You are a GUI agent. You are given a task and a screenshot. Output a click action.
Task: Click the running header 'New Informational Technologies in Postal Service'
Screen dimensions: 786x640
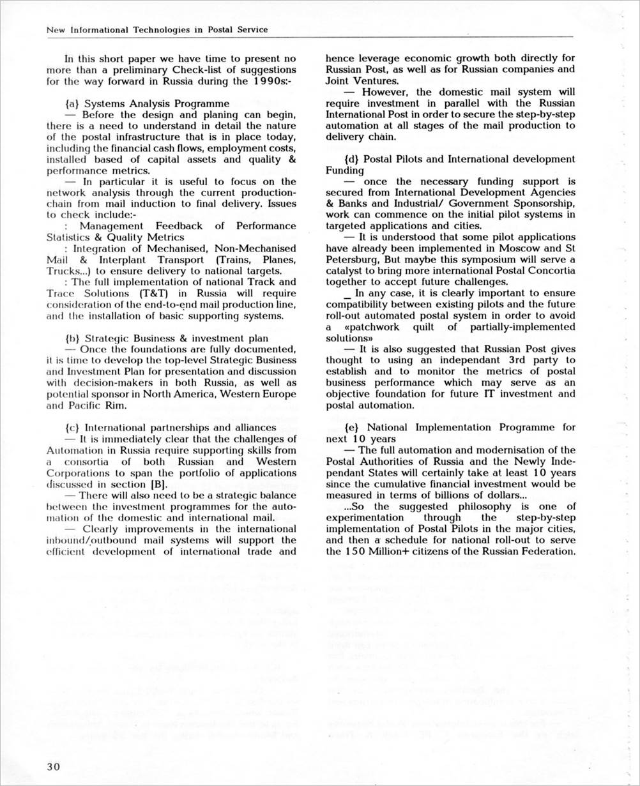coord(157,30)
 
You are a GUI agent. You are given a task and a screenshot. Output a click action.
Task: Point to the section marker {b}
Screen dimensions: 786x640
coord(72,338)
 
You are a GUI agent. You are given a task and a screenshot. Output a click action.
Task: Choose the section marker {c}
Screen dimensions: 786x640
coord(72,427)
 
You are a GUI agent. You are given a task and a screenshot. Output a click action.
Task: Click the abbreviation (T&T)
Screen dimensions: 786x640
coord(154,293)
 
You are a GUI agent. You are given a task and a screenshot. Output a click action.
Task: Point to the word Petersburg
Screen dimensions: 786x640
coord(354,259)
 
